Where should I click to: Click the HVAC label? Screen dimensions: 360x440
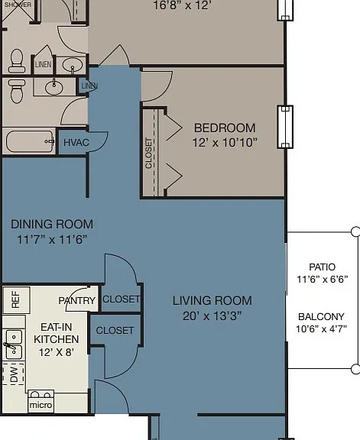pos(76,143)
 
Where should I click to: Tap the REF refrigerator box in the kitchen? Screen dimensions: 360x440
pos(16,299)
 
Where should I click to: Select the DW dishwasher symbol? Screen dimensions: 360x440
pos(14,374)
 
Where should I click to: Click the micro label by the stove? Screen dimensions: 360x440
pos(41,405)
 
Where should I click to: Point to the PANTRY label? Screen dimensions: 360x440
pos(77,300)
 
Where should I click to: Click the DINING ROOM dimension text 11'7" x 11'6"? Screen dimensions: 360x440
pos(52,240)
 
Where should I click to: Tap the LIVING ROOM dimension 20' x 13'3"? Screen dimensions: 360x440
pos(212,316)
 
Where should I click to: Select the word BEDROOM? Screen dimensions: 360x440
pos(225,128)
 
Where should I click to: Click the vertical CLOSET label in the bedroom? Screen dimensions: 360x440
pos(148,154)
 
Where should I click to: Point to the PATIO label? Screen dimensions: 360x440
pos(322,267)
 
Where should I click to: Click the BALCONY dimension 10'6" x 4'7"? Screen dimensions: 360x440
pos(322,328)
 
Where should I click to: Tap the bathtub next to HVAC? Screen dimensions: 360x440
pos(30,141)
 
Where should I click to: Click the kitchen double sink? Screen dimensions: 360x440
pos(14,345)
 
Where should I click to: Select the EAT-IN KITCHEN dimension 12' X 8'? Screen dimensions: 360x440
pos(56,352)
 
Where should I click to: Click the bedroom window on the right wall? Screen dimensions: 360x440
pos(285,127)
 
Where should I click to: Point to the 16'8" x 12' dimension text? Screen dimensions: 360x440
pos(182,5)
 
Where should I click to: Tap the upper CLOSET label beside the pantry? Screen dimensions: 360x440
pos(122,299)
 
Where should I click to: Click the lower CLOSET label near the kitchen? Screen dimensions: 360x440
pos(115,330)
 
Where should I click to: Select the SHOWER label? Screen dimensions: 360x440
pos(18,5)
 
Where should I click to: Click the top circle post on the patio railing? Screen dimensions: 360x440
pos(355,231)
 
